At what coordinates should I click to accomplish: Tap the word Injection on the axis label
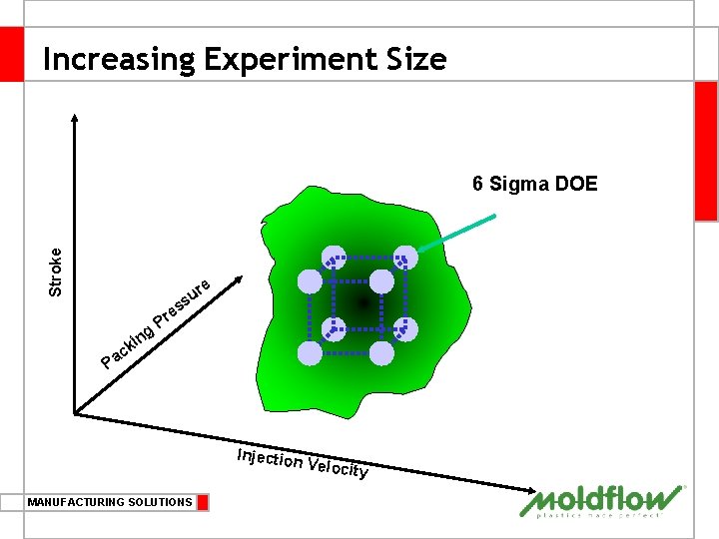click(270, 458)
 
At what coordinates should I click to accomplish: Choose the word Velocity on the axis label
click(339, 467)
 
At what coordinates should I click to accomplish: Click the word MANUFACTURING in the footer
click(78, 502)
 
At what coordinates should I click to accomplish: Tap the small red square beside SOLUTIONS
click(203, 502)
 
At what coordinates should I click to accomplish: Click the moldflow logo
click(602, 502)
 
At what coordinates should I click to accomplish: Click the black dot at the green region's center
click(362, 301)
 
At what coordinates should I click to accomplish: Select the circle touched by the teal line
click(405, 257)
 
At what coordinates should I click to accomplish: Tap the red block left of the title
click(11, 54)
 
